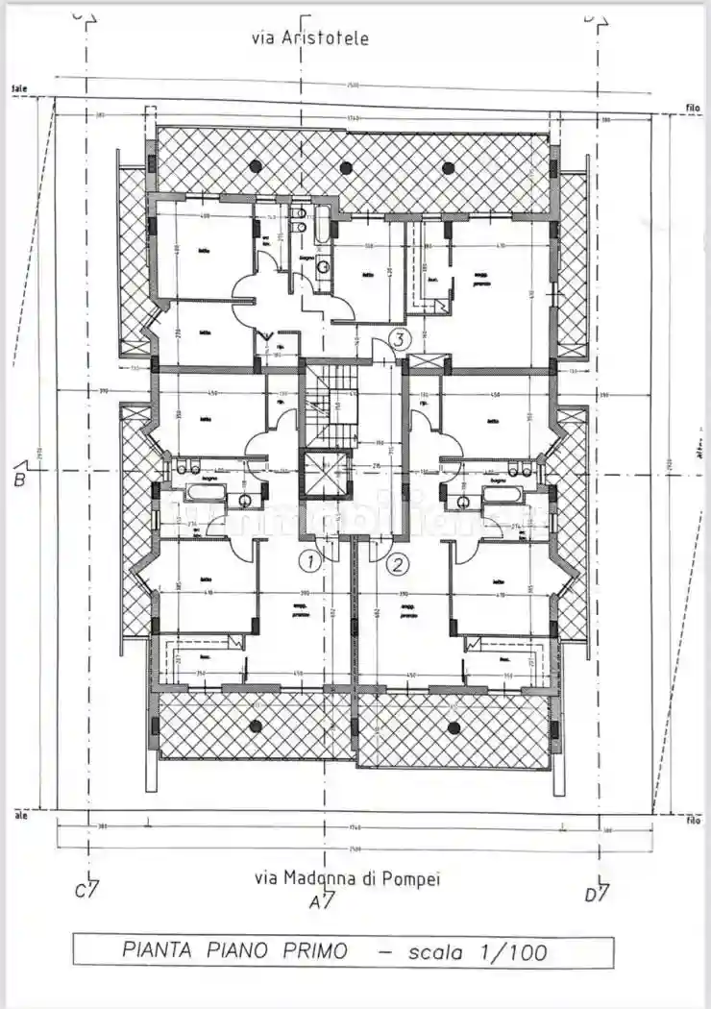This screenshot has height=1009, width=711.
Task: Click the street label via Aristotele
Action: pyautogui.click(x=309, y=38)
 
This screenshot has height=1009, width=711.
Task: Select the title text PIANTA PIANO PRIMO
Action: pyautogui.click(x=235, y=951)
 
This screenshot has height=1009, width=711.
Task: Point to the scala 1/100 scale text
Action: pyautogui.click(x=478, y=952)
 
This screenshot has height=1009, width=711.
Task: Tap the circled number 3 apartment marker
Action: pyautogui.click(x=400, y=338)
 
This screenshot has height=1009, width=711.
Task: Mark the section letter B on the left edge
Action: pyautogui.click(x=19, y=479)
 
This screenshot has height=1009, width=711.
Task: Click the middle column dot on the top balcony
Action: pyautogui.click(x=346, y=167)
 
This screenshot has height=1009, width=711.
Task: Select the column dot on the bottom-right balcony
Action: pyautogui.click(x=454, y=727)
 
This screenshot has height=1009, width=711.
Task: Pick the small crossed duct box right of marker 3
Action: pyautogui.click(x=428, y=362)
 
